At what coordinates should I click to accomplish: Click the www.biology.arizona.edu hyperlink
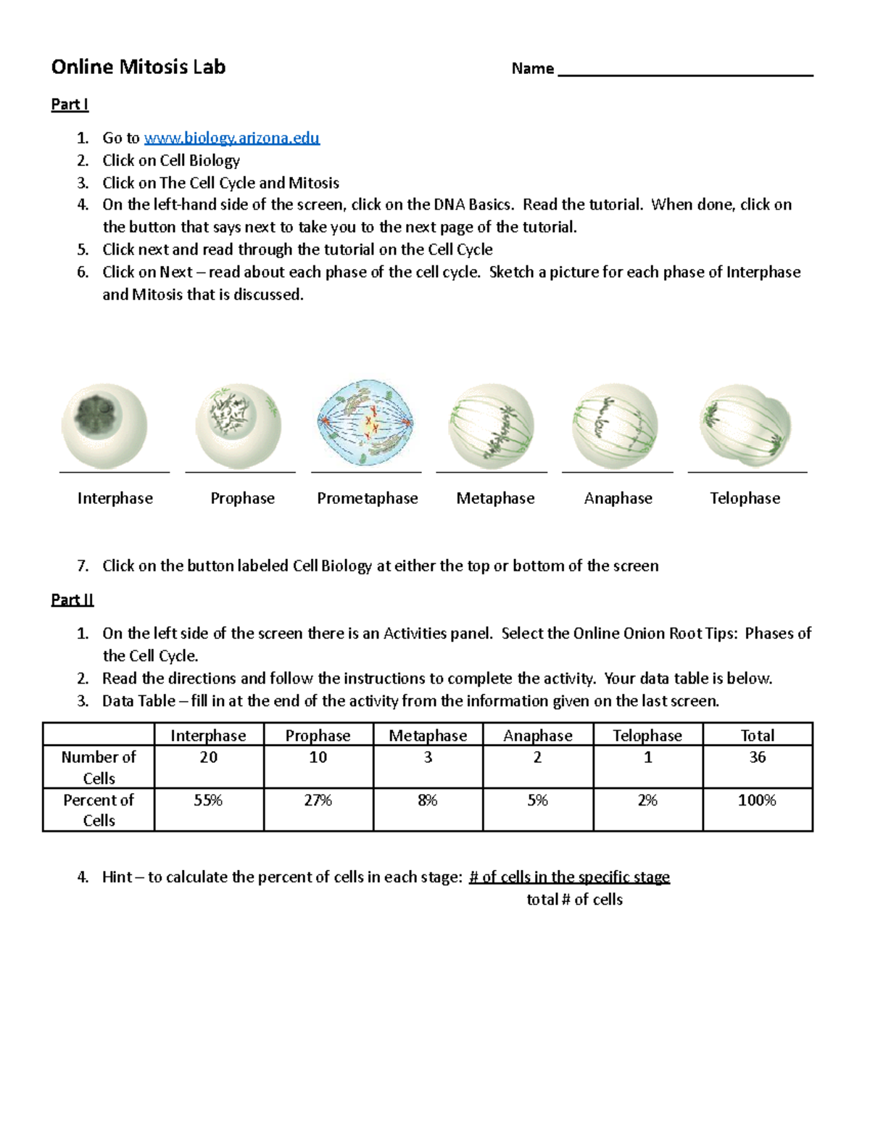tap(232, 138)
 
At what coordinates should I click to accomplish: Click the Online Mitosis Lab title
tap(138, 67)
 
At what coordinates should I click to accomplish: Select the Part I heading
tap(70, 104)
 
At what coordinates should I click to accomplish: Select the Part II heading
tap(72, 600)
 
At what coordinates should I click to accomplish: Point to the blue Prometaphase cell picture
tap(365, 422)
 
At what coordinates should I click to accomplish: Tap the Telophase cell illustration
tap(745, 423)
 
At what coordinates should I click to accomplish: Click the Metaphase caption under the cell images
tap(495, 498)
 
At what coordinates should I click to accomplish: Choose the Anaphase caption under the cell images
tap(618, 498)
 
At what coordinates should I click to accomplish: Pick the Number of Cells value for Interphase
tap(209, 758)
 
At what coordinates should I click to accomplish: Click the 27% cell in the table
tap(318, 800)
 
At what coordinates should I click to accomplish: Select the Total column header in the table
tap(757, 735)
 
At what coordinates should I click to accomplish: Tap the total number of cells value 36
tap(757, 758)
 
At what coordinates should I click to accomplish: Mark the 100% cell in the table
tap(757, 800)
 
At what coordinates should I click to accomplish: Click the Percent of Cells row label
tap(99, 810)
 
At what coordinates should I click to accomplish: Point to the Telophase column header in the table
tap(647, 735)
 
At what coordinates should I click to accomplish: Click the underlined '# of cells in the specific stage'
tap(569, 877)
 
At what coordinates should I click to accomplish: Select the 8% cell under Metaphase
tap(428, 800)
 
